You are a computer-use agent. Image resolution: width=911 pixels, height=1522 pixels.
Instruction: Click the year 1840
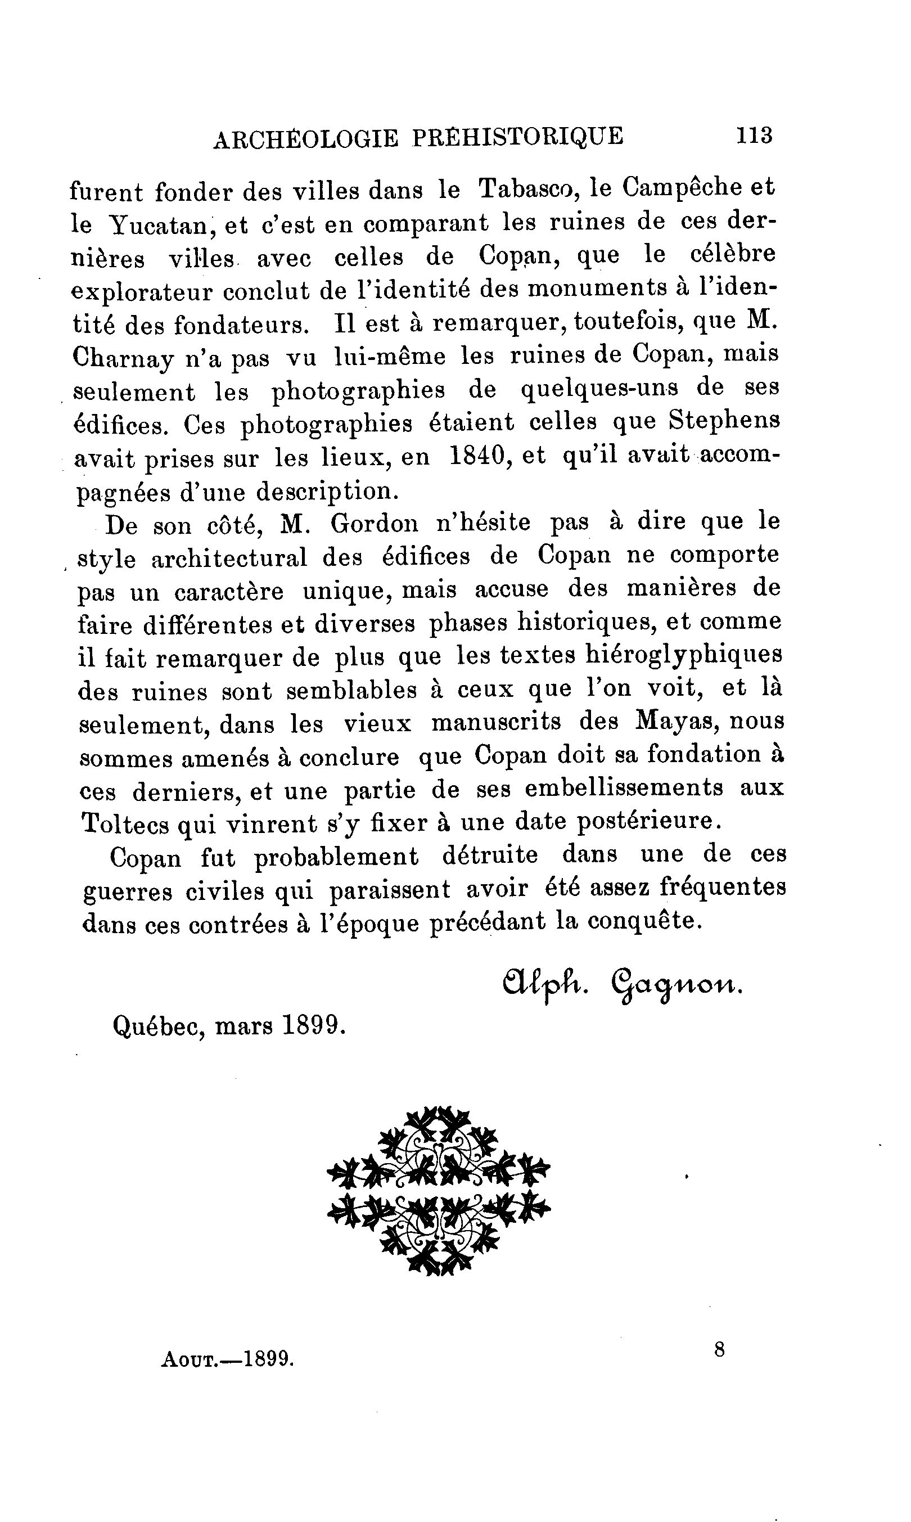coord(477,456)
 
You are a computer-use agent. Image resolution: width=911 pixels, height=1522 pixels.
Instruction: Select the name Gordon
coord(374,524)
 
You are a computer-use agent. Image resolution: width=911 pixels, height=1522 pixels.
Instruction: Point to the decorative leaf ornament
coord(439,1191)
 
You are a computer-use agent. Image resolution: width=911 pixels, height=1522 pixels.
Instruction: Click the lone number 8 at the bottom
coord(719,1350)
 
